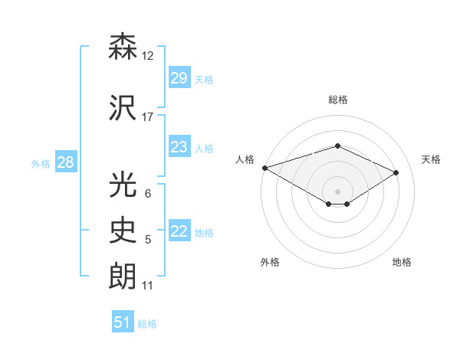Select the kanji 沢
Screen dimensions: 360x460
[123, 108]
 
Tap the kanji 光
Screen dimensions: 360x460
[123, 185]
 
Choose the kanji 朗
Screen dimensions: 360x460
[123, 277]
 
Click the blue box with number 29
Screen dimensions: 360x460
[179, 78]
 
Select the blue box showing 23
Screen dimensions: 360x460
[179, 147]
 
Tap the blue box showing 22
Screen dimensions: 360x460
[179, 231]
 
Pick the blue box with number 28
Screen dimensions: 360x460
[65, 162]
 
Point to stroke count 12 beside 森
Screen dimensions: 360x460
[148, 56]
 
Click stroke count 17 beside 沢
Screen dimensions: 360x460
[148, 117]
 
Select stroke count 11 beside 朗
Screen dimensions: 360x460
[148, 286]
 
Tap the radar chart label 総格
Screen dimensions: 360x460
[338, 100]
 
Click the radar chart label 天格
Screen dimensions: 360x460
[432, 159]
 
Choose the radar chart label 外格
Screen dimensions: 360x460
[270, 262]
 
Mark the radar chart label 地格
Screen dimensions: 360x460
[402, 262]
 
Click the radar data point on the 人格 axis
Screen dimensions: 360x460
[264, 167]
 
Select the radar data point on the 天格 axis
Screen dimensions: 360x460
[396, 172]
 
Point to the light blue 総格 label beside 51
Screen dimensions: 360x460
[147, 324]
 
